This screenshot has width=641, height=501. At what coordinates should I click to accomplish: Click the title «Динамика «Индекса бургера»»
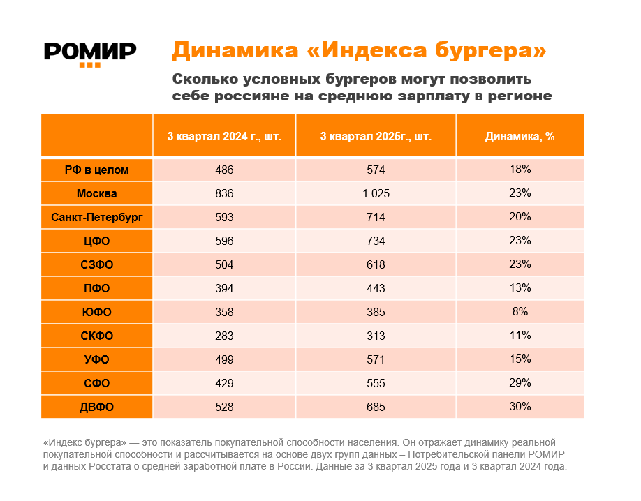point(359,50)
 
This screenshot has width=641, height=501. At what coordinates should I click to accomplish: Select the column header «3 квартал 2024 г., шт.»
point(224,137)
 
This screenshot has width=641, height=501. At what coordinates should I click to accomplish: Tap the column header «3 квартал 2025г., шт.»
point(376,137)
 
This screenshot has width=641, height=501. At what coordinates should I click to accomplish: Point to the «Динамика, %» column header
point(520,137)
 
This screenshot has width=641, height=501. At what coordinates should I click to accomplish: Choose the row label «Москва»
point(97,193)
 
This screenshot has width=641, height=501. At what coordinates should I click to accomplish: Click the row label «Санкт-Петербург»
point(97,217)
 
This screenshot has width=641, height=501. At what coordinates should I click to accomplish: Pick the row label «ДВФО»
point(97,407)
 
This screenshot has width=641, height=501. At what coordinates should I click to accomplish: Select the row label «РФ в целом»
point(97,170)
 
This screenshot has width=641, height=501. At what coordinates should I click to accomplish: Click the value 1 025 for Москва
point(376,193)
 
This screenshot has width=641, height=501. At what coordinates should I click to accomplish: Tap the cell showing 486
point(224,170)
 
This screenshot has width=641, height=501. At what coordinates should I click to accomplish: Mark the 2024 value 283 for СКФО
point(224,336)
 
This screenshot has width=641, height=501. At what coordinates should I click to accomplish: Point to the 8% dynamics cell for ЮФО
point(520,311)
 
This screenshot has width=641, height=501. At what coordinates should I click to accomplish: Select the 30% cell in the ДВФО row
point(520,406)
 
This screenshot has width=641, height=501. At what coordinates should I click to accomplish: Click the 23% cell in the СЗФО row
point(520,264)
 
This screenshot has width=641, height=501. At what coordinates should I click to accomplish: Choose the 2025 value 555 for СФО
point(376,383)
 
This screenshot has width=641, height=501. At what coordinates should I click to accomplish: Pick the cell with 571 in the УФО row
point(376,359)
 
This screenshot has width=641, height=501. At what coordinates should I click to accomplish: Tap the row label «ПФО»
point(97,288)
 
